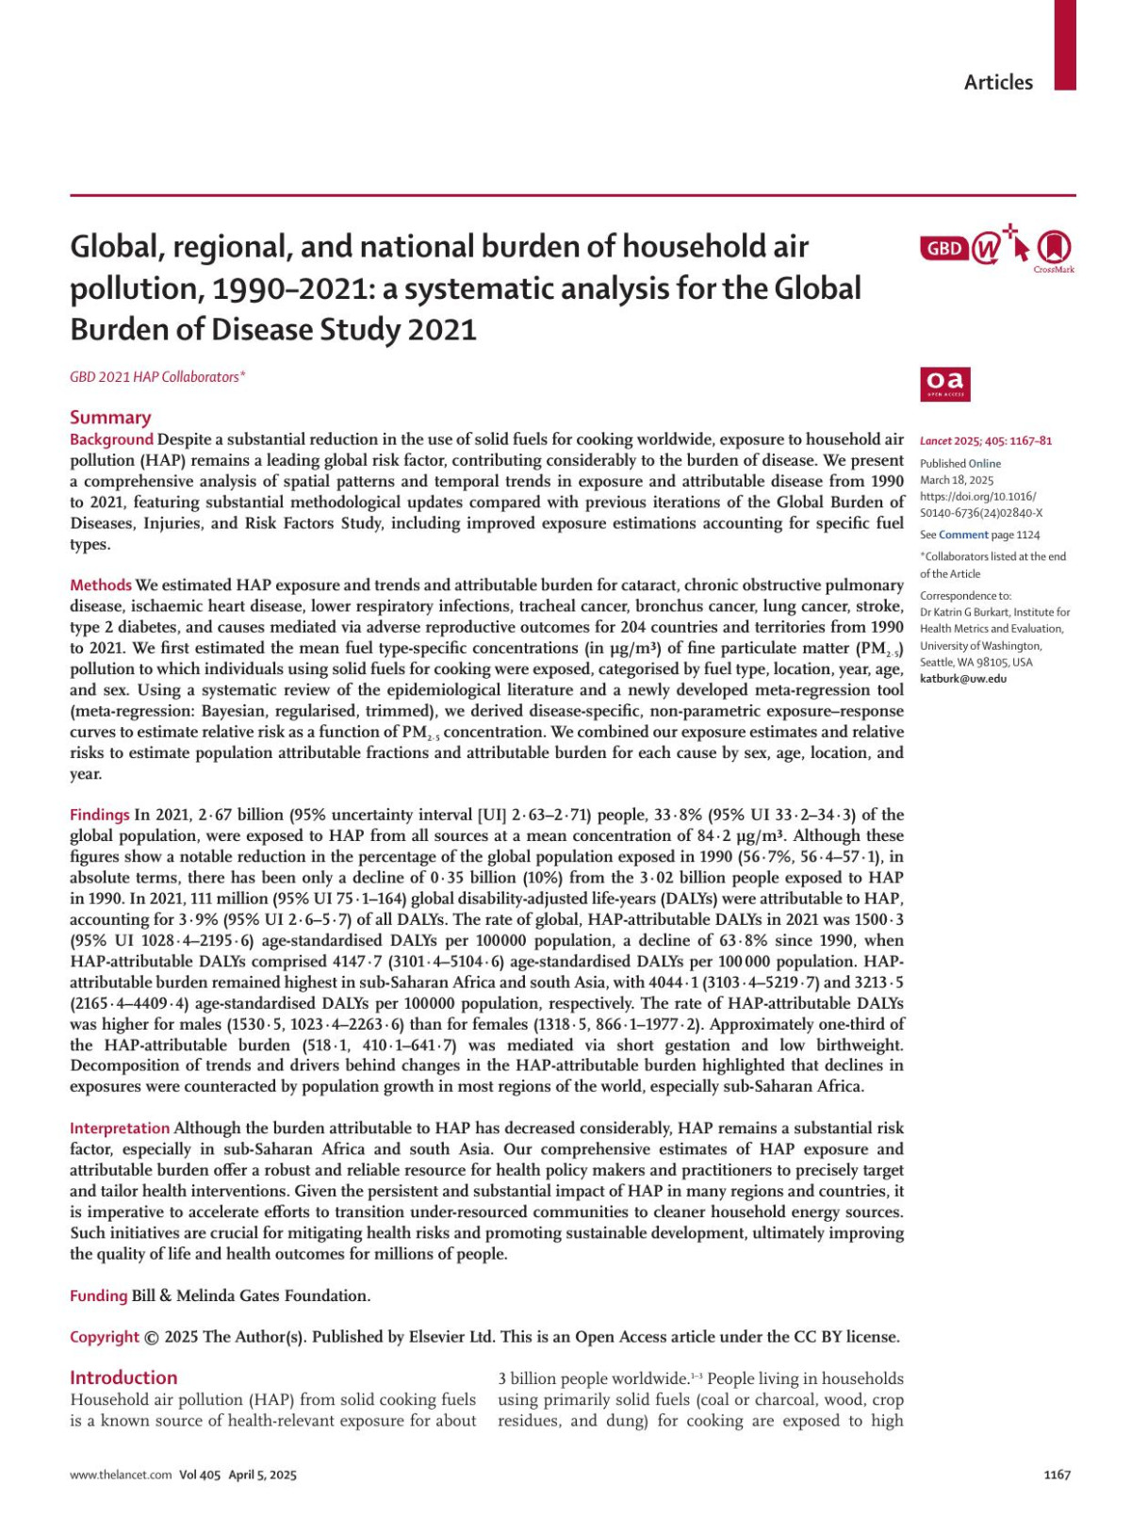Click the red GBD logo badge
coord(943,249)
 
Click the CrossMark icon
coord(1054,249)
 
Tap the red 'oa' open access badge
coord(945,384)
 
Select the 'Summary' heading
coord(110,418)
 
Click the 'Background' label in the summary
coord(111,439)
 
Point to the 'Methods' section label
coord(101,586)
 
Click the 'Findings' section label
coord(100,815)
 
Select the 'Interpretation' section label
coord(120,1129)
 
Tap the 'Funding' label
coord(98,1296)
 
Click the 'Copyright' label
coord(105,1337)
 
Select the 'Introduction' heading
coord(123,1378)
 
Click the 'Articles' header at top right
coord(998,83)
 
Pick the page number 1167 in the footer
coord(1057,1475)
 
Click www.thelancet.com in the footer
coord(121,1475)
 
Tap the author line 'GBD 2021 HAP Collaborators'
coord(157,377)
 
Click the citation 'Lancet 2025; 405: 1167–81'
coord(986,440)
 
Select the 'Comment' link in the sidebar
coord(963,535)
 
